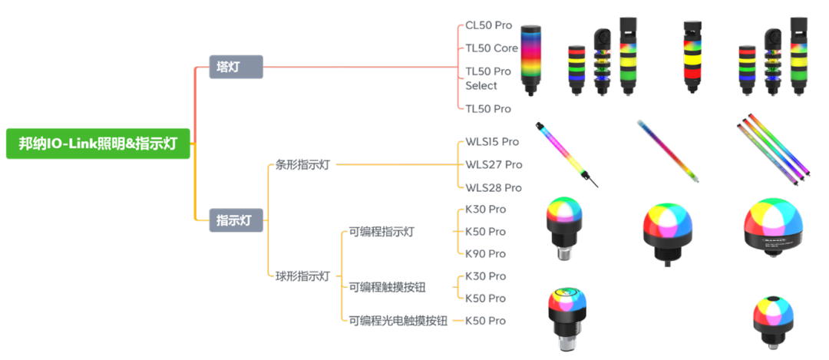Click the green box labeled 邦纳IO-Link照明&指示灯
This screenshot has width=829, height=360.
click(97, 144)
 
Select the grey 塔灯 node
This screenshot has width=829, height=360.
click(236, 67)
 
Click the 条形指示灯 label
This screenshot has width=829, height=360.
click(302, 164)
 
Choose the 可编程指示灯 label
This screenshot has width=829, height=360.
click(381, 232)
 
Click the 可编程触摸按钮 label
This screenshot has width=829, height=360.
click(387, 287)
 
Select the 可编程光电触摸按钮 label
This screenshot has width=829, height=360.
click(398, 320)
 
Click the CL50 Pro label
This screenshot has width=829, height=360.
click(488, 25)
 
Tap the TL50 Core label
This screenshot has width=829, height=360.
click(492, 48)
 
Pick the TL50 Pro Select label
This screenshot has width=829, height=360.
click(488, 78)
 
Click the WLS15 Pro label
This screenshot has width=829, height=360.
click(492, 142)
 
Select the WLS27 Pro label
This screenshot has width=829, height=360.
click(494, 164)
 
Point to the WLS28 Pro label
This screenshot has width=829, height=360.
click(494, 187)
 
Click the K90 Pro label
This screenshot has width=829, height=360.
click(485, 253)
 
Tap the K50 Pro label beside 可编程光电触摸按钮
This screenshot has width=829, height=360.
click(485, 320)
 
